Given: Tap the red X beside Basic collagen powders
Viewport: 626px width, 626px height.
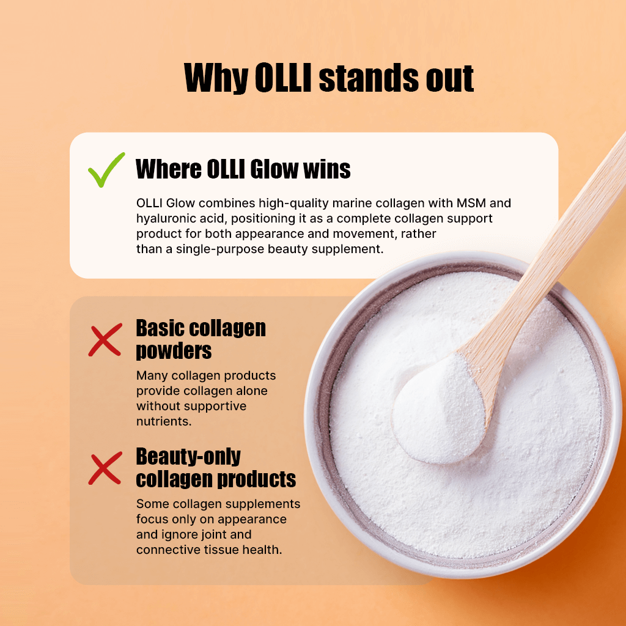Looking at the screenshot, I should pos(105,341).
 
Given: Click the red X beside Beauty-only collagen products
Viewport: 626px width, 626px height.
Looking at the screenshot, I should pos(105,469).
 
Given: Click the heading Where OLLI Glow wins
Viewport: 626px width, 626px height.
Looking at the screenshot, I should pos(243,169).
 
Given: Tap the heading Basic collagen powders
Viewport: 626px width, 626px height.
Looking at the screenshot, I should pos(201,339).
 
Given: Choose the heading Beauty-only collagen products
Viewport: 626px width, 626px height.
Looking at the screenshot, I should pos(216,468).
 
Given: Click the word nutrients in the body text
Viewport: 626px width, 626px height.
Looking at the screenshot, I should pos(161,421).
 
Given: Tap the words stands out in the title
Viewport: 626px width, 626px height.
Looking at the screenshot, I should pos(396,78).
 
